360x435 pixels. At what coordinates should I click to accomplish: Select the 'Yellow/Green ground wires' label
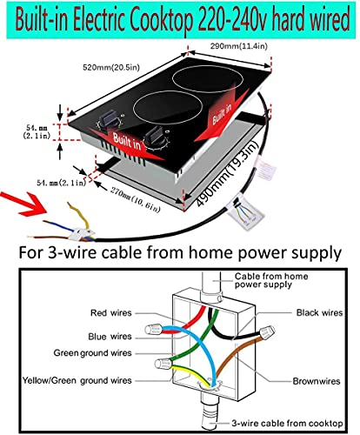point(77,379)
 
